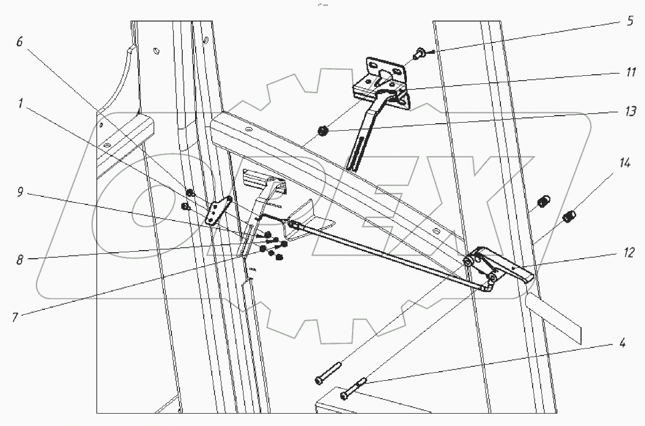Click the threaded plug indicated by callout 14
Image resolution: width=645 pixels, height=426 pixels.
tap(569, 217)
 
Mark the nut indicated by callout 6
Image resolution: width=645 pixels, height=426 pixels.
tap(190, 193)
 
